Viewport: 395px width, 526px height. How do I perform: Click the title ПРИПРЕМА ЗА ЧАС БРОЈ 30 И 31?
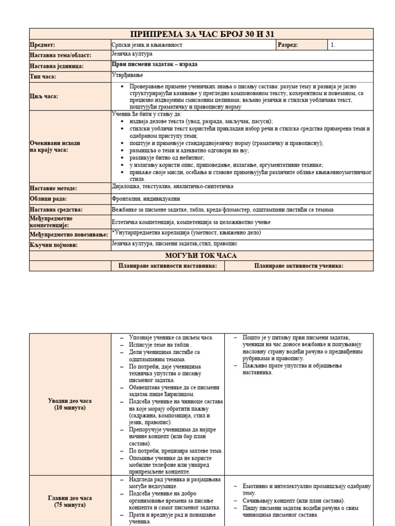click(x=202, y=34)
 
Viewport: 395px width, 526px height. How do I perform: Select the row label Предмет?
click(x=43, y=45)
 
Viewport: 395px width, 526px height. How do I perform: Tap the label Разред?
click(x=288, y=45)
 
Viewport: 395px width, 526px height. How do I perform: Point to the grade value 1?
click(x=333, y=45)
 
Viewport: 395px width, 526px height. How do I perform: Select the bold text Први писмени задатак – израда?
click(x=154, y=65)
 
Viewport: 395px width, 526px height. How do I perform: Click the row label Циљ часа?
click(x=44, y=96)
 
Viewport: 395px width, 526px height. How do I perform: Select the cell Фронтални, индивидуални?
click(x=146, y=199)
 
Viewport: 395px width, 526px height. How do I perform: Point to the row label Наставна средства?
click(x=56, y=210)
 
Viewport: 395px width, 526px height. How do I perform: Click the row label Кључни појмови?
click(x=53, y=245)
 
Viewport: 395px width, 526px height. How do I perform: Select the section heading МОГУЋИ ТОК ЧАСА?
click(x=201, y=255)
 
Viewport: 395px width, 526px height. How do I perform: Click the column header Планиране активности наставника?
click(x=168, y=266)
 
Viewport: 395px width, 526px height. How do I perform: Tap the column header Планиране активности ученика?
click(x=299, y=266)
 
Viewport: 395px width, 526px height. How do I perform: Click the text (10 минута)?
click(x=70, y=408)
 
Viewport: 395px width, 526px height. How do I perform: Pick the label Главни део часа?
click(x=70, y=498)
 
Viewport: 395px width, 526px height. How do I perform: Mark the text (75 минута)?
click(x=70, y=505)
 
